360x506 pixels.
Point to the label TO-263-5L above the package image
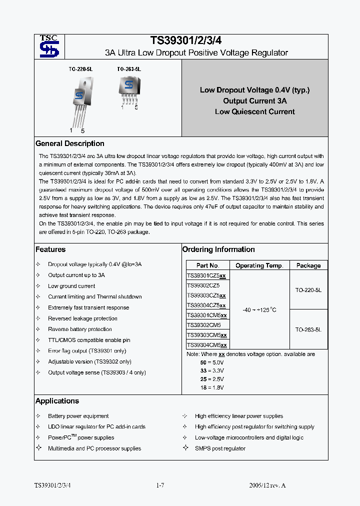129,69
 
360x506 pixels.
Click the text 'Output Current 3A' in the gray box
254,101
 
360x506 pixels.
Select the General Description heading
70,143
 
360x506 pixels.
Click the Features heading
50,249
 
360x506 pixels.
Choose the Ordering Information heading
218,249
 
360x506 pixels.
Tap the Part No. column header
208,265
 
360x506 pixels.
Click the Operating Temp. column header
259,265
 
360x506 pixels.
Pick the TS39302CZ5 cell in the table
203,285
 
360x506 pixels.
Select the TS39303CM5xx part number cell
206,335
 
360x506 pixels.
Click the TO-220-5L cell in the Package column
308,289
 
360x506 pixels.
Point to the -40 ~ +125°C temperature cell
259,310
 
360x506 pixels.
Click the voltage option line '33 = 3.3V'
212,370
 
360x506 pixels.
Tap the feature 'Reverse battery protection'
80,329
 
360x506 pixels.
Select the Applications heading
57,401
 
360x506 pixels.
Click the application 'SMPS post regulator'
220,448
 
